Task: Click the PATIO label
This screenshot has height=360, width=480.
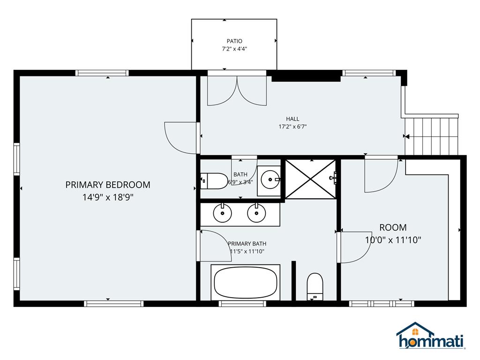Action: (x=234, y=41)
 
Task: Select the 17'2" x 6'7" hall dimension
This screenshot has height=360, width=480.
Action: (x=292, y=127)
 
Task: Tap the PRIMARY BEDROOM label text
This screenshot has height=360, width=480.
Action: (x=108, y=185)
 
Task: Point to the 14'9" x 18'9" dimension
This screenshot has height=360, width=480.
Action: (x=108, y=197)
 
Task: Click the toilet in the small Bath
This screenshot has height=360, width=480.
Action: (x=213, y=180)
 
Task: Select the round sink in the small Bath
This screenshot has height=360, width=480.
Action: (x=270, y=178)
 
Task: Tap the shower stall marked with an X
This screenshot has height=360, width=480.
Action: (x=310, y=179)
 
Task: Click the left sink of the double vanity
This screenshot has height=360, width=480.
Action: (x=222, y=214)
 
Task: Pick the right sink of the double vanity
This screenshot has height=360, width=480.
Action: (x=256, y=214)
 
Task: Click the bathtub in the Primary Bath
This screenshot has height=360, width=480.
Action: (x=246, y=282)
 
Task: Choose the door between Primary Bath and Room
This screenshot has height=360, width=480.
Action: (x=353, y=247)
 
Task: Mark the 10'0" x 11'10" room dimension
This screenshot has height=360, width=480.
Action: (x=393, y=240)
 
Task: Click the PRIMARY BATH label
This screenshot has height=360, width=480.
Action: (x=247, y=244)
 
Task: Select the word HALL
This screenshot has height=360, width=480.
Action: (x=292, y=119)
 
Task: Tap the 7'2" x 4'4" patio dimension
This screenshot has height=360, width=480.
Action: (x=234, y=48)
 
